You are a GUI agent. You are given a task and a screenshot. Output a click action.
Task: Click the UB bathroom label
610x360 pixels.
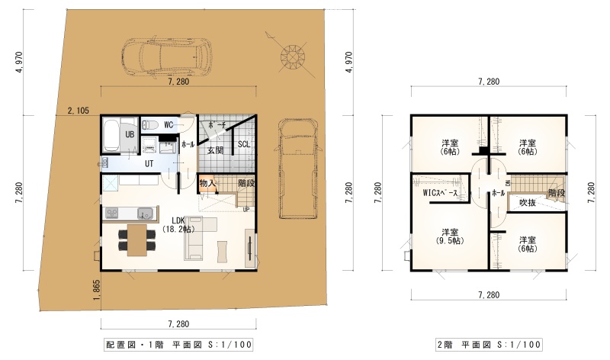(130, 135)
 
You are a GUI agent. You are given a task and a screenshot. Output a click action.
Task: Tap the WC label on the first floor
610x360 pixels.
(169, 125)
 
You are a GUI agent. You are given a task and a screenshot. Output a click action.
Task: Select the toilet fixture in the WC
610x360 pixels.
(149, 125)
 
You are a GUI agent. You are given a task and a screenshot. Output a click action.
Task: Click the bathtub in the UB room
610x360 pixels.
(111, 136)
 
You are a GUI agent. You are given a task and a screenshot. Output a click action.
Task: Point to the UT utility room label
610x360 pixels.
(149, 164)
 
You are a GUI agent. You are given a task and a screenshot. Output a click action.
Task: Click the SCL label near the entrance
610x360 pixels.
(244, 144)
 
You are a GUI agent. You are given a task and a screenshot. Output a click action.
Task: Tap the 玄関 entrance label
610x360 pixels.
(215, 150)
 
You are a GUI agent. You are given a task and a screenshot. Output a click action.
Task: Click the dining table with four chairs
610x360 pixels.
(137, 239)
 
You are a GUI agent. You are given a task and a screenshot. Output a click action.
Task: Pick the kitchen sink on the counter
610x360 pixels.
(145, 214)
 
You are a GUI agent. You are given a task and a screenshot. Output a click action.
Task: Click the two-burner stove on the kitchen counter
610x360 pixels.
(112, 214)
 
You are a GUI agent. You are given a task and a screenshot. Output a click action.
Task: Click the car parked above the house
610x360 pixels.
(167, 56)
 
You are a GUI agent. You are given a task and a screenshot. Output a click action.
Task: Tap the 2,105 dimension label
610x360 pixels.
(79, 111)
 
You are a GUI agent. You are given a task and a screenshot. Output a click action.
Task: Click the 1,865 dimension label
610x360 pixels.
(97, 290)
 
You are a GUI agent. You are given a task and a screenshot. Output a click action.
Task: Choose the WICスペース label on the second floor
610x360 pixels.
(440, 193)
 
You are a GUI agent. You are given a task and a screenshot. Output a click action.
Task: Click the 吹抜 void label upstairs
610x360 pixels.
(527, 203)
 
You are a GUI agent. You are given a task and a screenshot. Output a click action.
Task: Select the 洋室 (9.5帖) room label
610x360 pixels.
(450, 236)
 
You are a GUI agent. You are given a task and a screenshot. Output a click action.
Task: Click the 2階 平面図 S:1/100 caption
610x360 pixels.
(489, 345)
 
